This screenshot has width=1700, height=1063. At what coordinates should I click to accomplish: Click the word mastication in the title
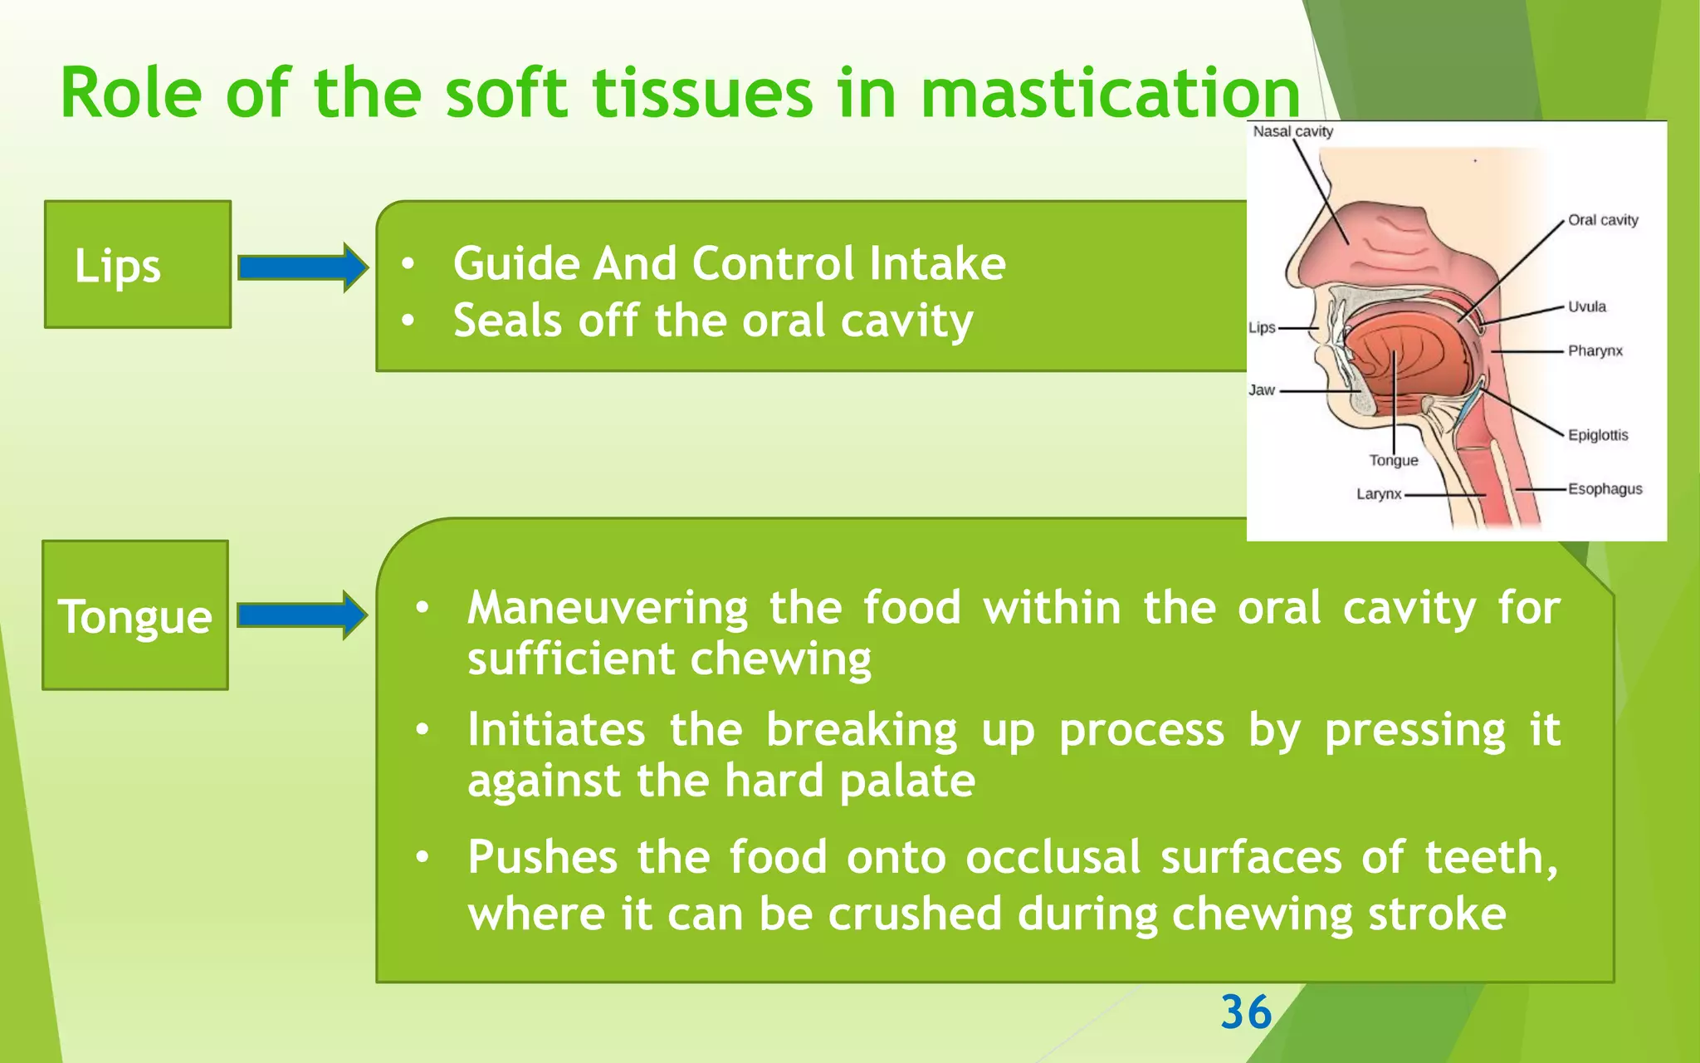click(x=1110, y=94)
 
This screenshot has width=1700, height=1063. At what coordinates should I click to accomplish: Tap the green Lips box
click(x=137, y=264)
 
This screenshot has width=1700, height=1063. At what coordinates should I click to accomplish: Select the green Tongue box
click(x=135, y=615)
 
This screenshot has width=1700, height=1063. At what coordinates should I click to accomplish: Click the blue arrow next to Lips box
click(x=302, y=267)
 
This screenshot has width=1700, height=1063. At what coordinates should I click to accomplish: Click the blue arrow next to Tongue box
click(x=302, y=615)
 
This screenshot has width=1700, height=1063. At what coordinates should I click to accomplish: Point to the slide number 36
click(x=1245, y=1012)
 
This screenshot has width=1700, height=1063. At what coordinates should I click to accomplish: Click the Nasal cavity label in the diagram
click(x=1292, y=131)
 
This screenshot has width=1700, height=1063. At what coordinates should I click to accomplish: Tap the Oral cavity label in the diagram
click(x=1602, y=220)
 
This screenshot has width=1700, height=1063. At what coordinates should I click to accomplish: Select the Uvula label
click(x=1586, y=306)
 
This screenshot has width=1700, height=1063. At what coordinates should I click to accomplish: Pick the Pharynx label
click(x=1595, y=350)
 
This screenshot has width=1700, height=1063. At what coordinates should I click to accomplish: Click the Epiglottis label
click(x=1597, y=435)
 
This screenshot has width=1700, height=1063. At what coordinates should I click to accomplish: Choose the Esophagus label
click(x=1605, y=489)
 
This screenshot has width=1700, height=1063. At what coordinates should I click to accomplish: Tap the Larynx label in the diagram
click(x=1378, y=494)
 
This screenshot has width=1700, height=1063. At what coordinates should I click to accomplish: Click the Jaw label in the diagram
click(x=1261, y=389)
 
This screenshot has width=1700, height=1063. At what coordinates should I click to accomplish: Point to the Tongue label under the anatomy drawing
click(x=1393, y=460)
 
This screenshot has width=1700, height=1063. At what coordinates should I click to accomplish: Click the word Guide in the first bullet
click(x=515, y=264)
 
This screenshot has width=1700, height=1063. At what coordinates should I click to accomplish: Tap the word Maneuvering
click(x=607, y=608)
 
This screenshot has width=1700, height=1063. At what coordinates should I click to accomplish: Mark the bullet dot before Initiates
click(x=423, y=730)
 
